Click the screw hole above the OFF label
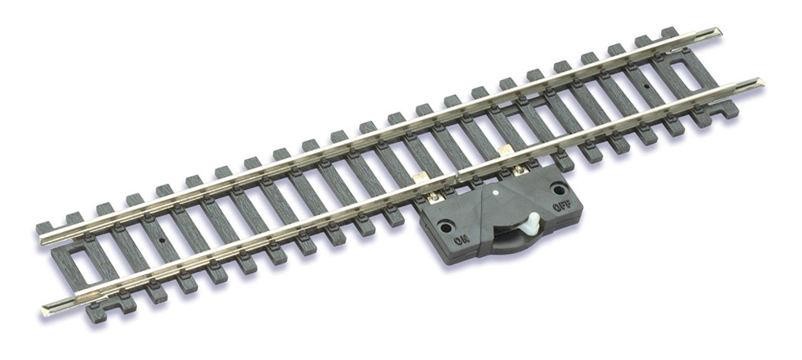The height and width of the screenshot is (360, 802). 559,189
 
